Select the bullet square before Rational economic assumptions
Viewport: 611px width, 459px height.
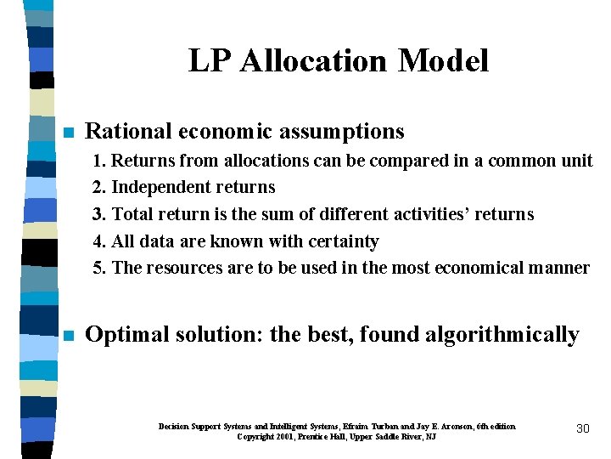pos(69,133)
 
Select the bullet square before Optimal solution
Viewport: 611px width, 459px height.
pos(69,336)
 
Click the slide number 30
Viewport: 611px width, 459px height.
pos(582,428)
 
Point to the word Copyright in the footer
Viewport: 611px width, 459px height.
pos(254,436)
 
